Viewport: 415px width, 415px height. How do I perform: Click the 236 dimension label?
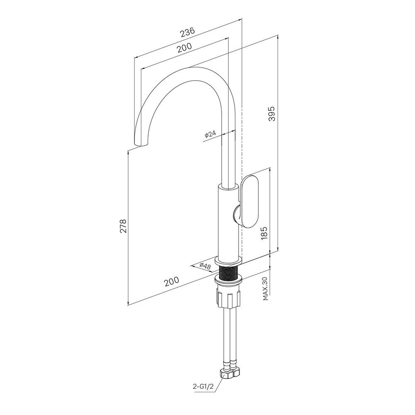click(x=188, y=32)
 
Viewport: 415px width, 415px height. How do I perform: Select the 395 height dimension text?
click(x=271, y=114)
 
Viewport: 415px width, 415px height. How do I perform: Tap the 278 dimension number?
click(x=123, y=225)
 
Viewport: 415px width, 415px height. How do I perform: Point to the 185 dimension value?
click(x=265, y=233)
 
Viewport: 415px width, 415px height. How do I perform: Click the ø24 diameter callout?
click(x=210, y=134)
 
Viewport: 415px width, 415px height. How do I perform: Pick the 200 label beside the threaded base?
click(x=171, y=281)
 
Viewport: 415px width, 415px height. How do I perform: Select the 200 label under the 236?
click(x=184, y=48)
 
